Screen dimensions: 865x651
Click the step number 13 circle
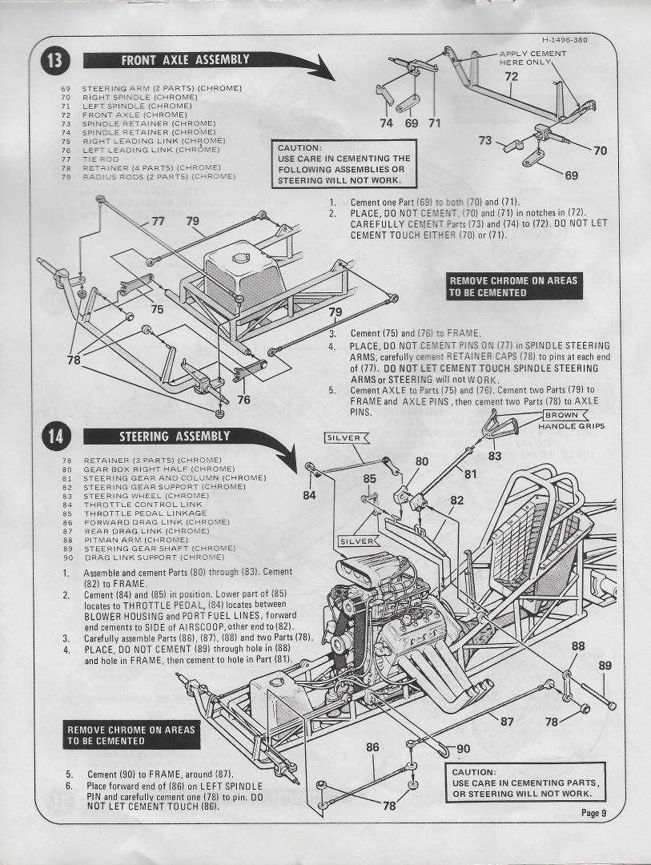coord(58,60)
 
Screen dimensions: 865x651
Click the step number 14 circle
coord(58,437)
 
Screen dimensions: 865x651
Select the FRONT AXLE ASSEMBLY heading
coord(185,60)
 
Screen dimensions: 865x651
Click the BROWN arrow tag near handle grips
coord(563,415)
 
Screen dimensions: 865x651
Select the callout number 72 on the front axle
coord(511,76)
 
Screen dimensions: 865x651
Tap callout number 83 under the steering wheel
coord(495,456)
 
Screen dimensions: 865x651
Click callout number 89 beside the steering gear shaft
coord(605,665)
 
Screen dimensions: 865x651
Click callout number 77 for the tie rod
coord(158,221)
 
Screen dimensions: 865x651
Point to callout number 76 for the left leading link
coord(243,400)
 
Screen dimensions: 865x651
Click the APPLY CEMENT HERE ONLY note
coord(532,58)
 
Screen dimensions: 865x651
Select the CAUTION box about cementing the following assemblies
coord(344,165)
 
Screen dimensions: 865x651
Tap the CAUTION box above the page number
coord(525,783)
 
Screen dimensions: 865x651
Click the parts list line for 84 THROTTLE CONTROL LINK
coord(132,505)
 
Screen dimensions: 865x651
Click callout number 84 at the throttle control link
coord(309,495)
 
